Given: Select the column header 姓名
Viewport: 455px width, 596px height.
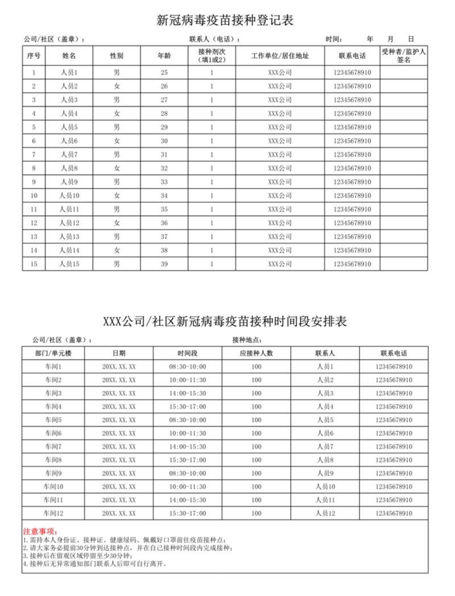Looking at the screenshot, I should tap(69, 56).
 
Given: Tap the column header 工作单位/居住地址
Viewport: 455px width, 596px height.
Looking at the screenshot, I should tap(280, 56).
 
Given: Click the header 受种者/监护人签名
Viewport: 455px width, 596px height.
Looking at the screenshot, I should tap(404, 56).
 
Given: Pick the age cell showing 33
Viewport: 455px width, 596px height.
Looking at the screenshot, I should tap(164, 182).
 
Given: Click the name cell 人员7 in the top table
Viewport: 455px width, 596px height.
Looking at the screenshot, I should tap(69, 155).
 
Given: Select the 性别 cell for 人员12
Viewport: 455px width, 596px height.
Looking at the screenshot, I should tap(117, 223).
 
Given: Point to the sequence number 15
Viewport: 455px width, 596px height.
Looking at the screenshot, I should tap(34, 264).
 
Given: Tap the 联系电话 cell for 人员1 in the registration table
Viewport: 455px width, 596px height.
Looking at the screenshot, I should tap(352, 73).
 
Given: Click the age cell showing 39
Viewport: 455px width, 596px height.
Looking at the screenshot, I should tap(164, 264).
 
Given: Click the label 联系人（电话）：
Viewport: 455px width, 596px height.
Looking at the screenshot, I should tap(214, 39).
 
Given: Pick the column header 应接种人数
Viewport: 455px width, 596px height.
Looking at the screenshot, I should tap(256, 353).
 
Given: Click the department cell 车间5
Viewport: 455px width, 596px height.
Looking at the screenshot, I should tap(53, 420).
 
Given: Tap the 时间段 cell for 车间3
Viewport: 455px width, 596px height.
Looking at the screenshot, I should tap(188, 393).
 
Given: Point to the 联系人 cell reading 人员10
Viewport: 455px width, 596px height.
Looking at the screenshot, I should tap(325, 486).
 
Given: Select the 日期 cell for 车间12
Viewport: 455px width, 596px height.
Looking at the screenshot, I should tap(119, 513).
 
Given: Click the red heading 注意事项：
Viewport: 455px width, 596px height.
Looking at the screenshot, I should tap(39, 531).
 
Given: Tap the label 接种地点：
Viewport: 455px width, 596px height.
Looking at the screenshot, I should tap(247, 340).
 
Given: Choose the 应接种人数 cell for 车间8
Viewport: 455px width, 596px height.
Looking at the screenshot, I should tap(256, 460).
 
